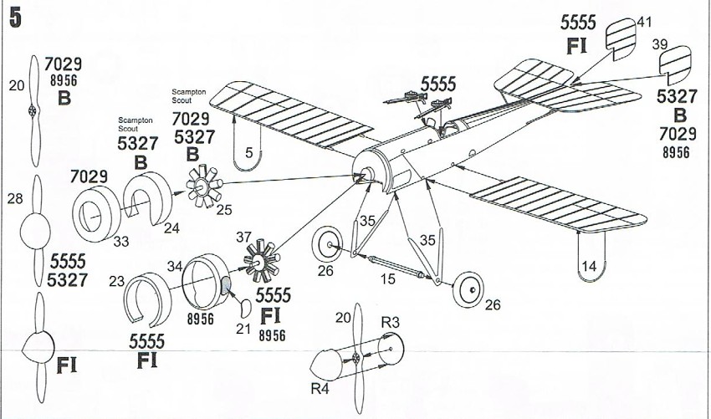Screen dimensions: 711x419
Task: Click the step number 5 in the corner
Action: click(15, 18)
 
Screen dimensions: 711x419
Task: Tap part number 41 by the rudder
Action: click(644, 22)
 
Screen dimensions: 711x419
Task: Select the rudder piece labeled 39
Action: click(675, 64)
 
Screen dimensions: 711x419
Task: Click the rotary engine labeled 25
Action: click(204, 186)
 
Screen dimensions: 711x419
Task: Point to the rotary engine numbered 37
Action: click(261, 261)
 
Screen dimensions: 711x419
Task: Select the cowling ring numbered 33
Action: click(96, 214)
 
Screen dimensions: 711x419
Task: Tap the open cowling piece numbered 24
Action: click(148, 197)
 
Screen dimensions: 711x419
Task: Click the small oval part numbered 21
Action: click(244, 309)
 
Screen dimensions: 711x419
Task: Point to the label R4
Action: click(320, 389)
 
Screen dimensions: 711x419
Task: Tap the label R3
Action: click(390, 323)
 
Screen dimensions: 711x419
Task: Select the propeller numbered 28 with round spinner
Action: click(36, 231)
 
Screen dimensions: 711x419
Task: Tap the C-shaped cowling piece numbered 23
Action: click(147, 299)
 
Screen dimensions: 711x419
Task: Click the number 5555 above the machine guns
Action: click(438, 84)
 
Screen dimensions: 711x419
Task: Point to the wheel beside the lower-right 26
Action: click(468, 289)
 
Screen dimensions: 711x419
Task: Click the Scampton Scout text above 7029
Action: click(189, 95)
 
